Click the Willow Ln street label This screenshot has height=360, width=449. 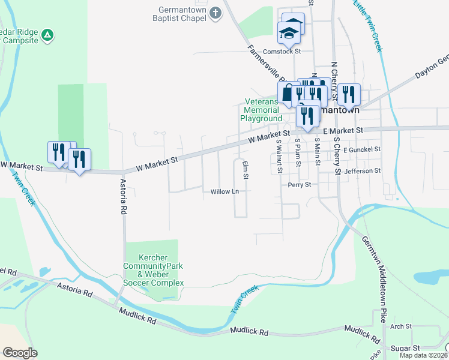click(225, 192)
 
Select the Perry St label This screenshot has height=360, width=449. click(299, 185)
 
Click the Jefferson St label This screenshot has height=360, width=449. click(363, 171)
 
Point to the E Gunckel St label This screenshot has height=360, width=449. click(362, 148)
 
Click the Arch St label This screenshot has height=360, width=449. click(400, 327)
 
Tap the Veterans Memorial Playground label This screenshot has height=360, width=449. click(261, 110)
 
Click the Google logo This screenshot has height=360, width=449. click(20, 353)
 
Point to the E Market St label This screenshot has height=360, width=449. click(343, 130)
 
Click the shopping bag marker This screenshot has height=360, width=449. click(288, 93)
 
